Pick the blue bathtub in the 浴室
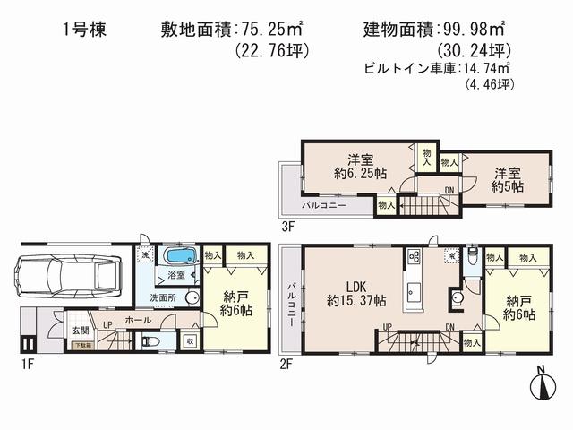(178, 259)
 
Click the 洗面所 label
(161, 297)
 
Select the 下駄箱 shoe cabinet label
(81, 345)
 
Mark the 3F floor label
(288, 227)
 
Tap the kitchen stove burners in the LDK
(414, 255)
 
